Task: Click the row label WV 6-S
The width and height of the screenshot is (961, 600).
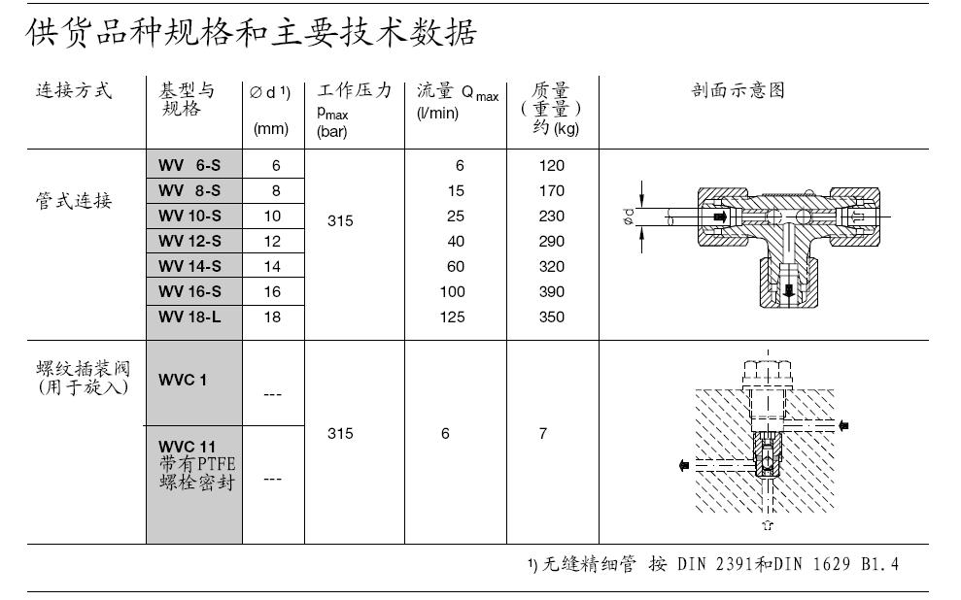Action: click(x=189, y=166)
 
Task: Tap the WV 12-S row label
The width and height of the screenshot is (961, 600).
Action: click(x=189, y=242)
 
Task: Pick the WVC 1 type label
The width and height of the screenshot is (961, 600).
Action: click(x=183, y=381)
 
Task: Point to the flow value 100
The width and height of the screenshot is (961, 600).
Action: click(x=452, y=292)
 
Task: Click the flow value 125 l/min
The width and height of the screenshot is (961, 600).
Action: click(x=452, y=317)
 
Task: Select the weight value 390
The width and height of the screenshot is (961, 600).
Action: click(x=551, y=292)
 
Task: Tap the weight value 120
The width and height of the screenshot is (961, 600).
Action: click(x=551, y=166)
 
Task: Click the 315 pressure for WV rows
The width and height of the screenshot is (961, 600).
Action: click(x=340, y=221)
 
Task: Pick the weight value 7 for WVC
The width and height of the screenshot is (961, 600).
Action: click(x=543, y=434)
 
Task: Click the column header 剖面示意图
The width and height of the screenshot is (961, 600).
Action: click(x=737, y=91)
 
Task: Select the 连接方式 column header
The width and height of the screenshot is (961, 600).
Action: click(x=74, y=91)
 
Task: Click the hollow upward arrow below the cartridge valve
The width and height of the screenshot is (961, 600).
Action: click(x=768, y=526)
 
